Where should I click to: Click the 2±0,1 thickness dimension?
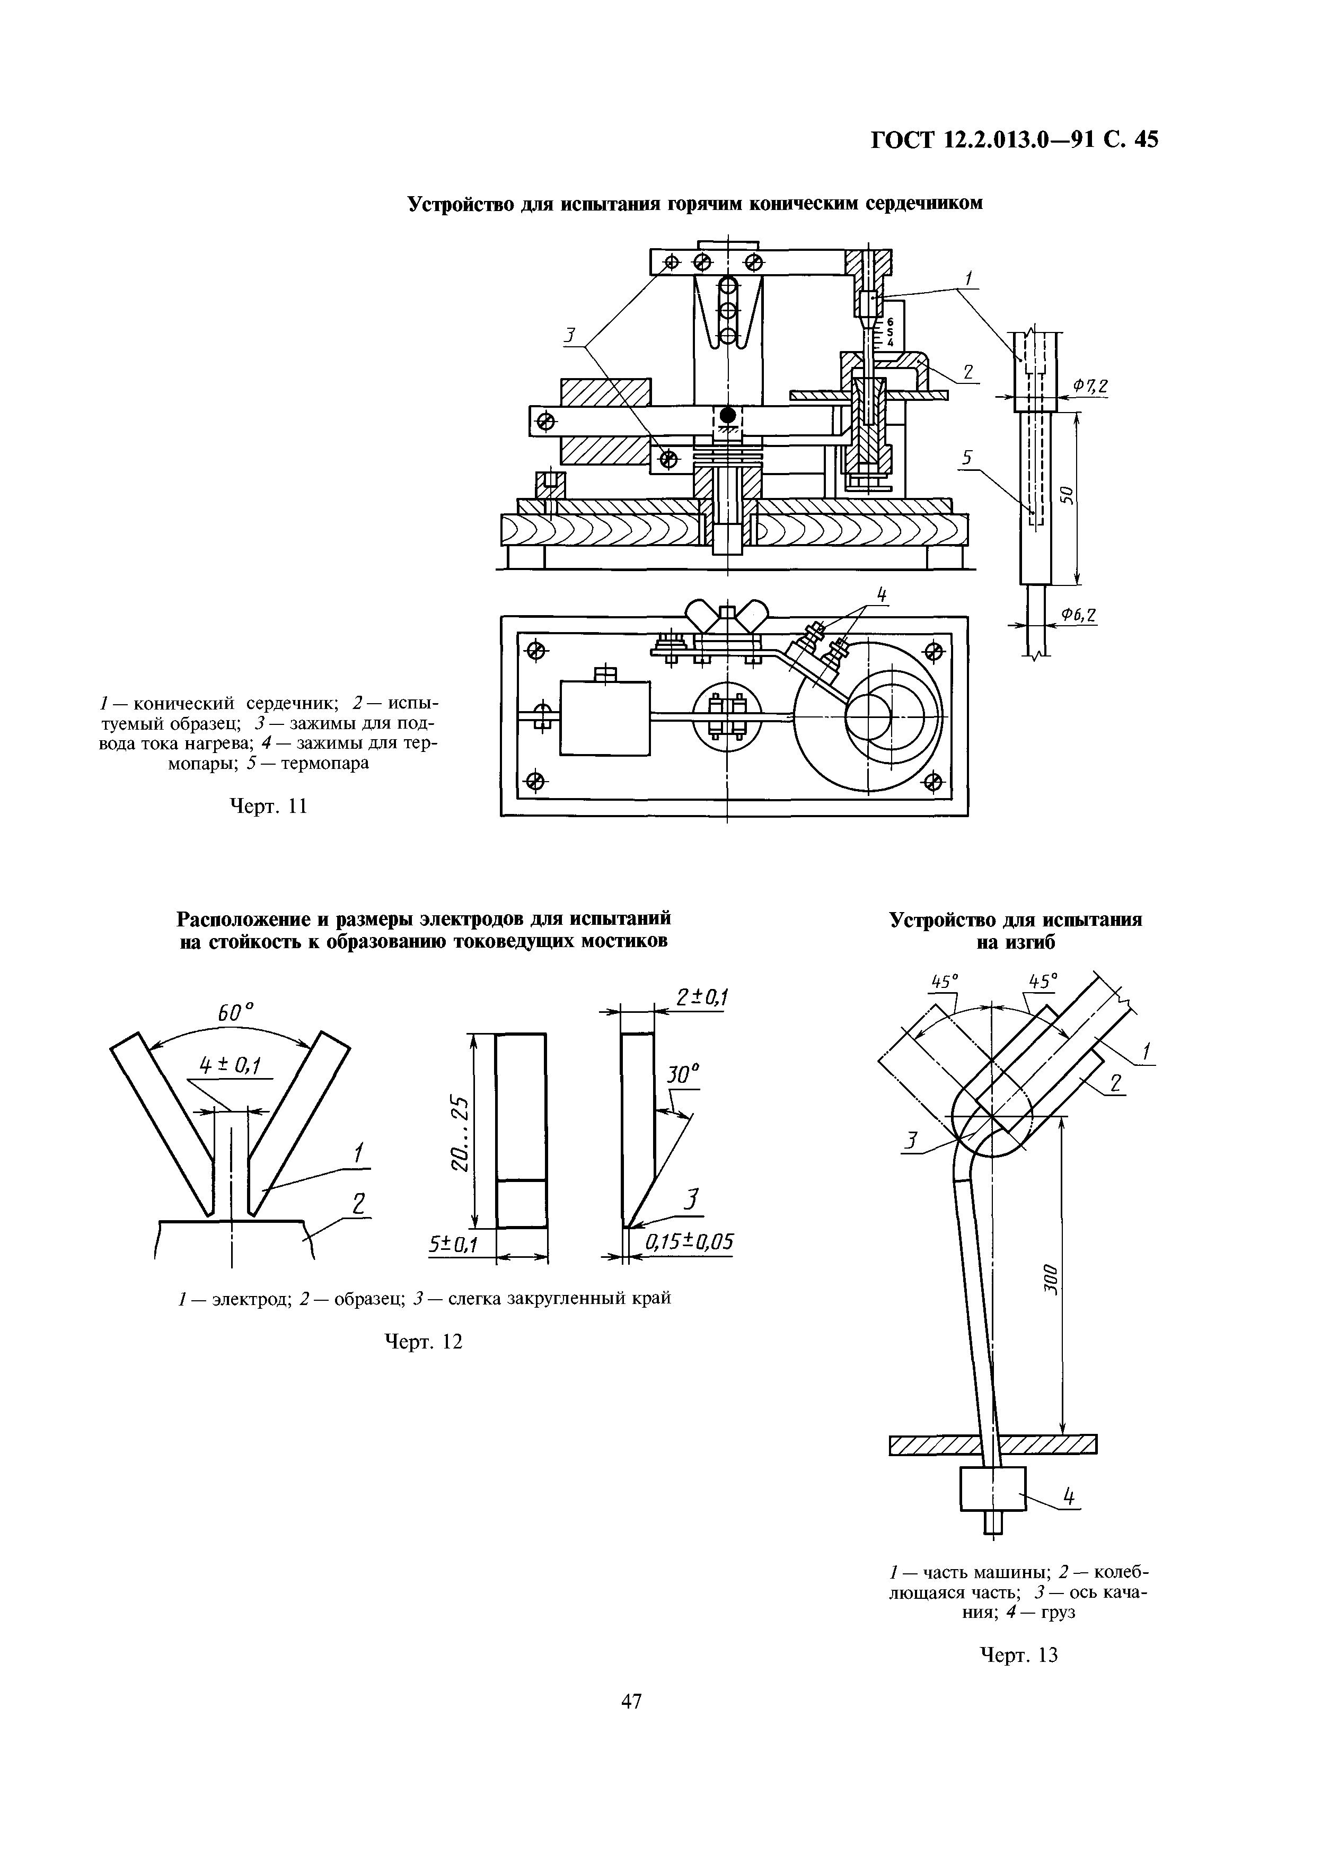coord(702,997)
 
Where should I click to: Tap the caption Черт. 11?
coord(268,807)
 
